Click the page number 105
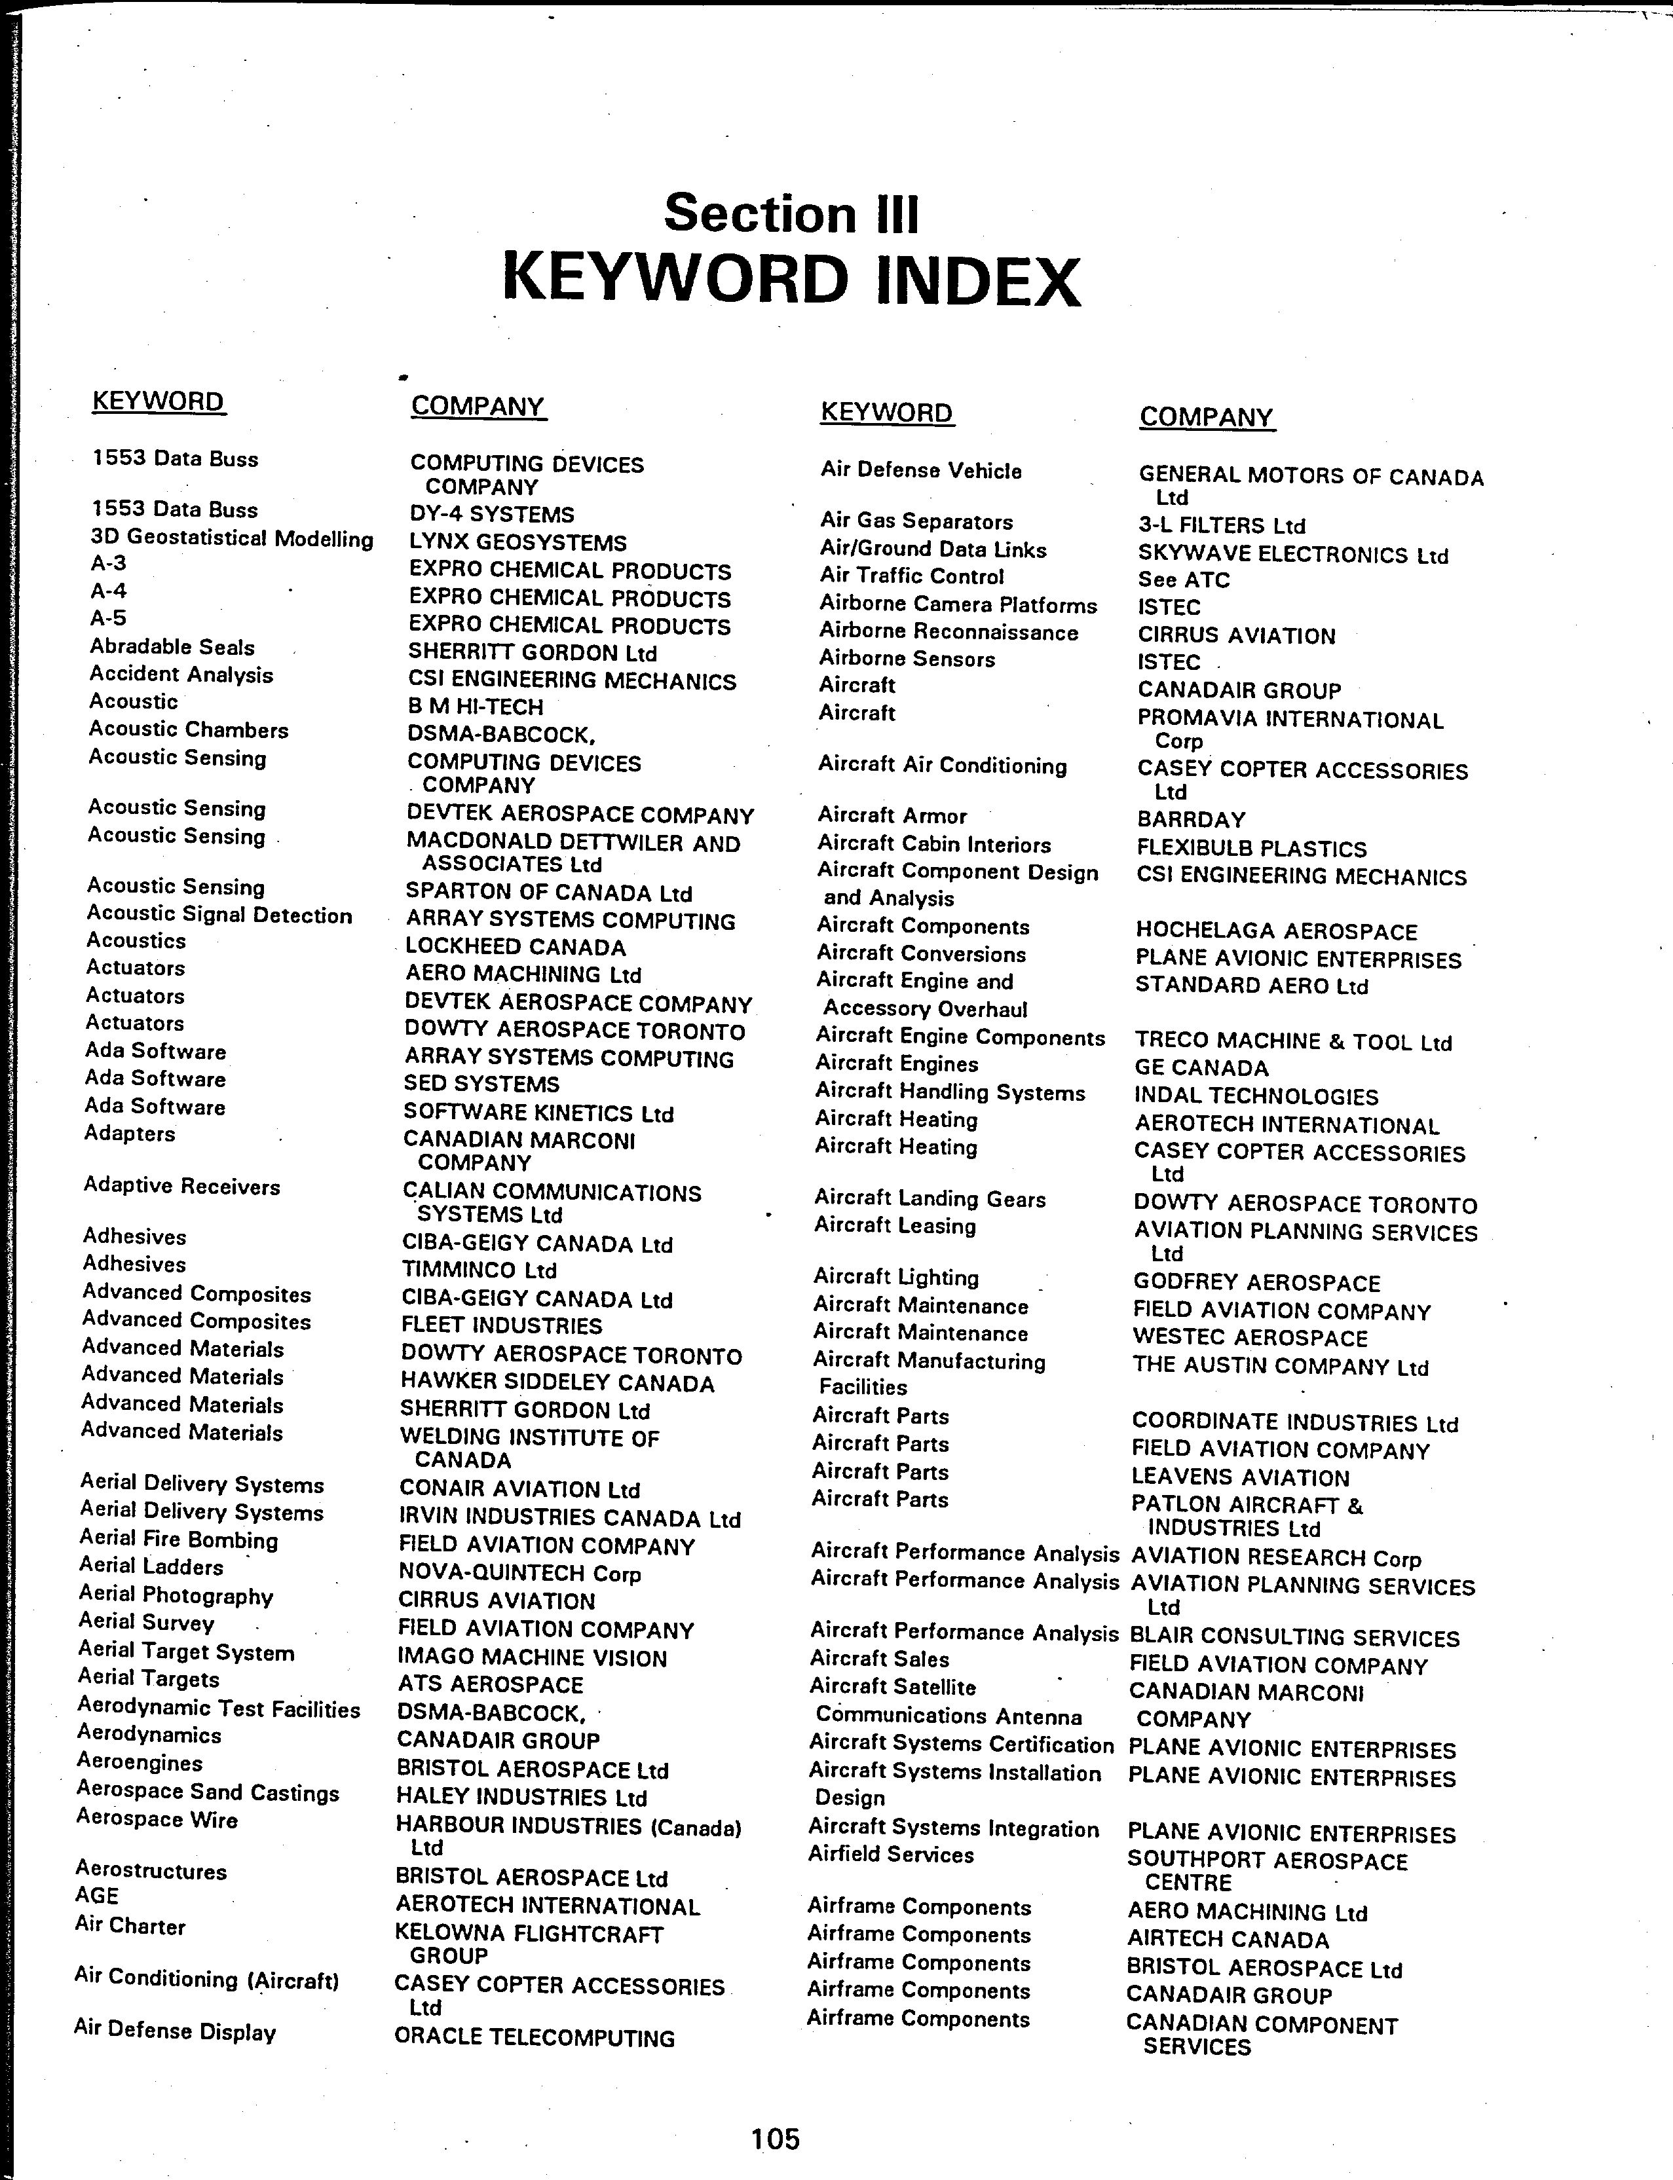[776, 2138]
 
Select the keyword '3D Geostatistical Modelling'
[232, 538]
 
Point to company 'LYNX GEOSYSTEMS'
[518, 542]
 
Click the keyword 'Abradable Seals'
[172, 647]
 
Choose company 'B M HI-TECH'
[475, 707]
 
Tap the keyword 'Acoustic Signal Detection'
[219, 915]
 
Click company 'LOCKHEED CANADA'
[516, 947]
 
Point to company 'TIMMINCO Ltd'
[478, 1270]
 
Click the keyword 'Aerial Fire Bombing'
[179, 1540]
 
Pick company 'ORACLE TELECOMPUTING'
[534, 2038]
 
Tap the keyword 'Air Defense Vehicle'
[921, 471]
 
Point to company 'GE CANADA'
[1201, 1068]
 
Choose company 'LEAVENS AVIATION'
[1240, 1477]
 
